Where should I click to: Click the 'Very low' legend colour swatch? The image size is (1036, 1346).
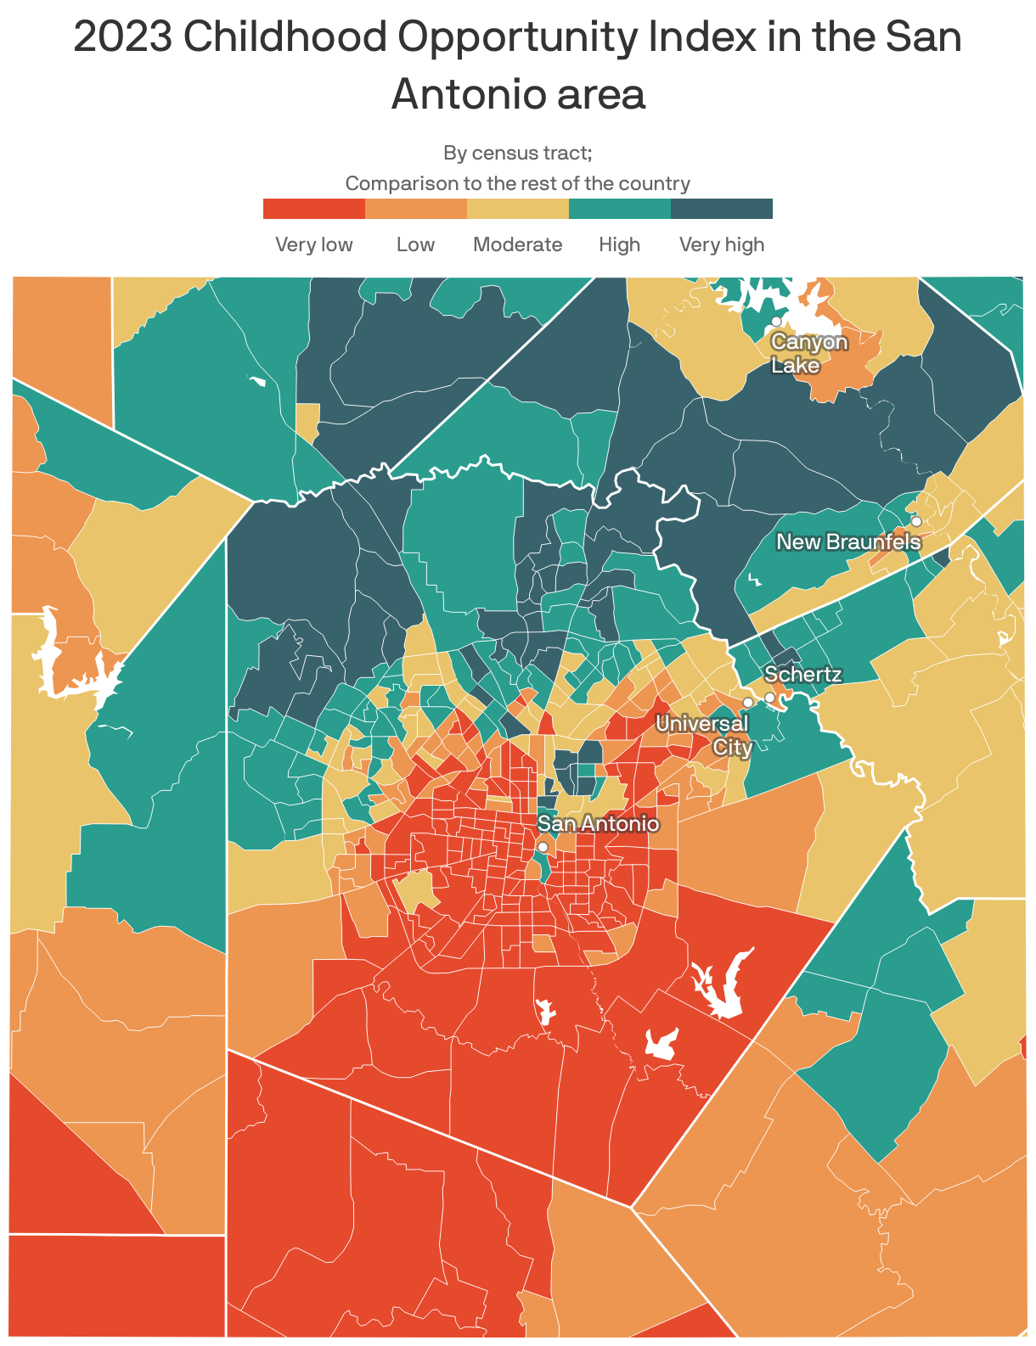click(314, 209)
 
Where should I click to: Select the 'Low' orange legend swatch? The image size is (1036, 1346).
click(416, 209)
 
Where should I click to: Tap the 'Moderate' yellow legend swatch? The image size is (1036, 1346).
click(518, 209)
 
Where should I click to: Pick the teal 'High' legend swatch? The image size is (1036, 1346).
click(620, 209)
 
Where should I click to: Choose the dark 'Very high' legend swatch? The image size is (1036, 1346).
click(722, 209)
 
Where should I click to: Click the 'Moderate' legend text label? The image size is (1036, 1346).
click(517, 244)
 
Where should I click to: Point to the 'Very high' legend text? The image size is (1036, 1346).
click(722, 244)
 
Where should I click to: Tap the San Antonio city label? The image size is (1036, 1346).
click(599, 823)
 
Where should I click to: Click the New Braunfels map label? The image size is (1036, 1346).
click(848, 541)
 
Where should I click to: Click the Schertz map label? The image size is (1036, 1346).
click(802, 675)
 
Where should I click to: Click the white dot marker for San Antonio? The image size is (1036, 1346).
click(543, 847)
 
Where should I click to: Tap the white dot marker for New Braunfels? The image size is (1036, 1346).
click(916, 521)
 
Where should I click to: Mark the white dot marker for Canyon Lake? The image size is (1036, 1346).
click(776, 322)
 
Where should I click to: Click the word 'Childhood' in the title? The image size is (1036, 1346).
click(288, 37)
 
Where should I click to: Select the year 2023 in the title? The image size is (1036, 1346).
click(122, 37)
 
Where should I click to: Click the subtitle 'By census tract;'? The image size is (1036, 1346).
click(517, 153)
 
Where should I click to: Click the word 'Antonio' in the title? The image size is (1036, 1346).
click(518, 94)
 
